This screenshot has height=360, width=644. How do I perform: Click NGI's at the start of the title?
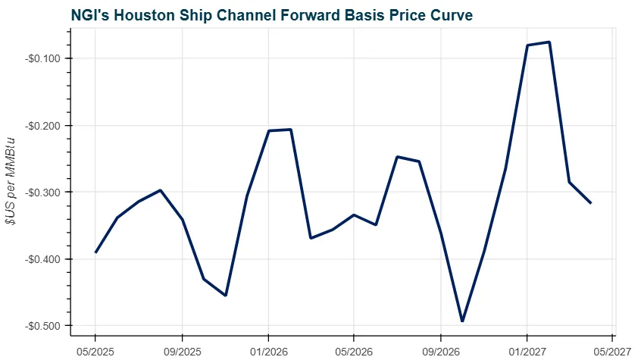coord(90,14)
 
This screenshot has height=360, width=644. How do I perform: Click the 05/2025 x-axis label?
coord(95,350)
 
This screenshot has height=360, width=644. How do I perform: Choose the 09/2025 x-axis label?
coord(182,350)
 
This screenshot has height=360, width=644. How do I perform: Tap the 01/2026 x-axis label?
coord(268,350)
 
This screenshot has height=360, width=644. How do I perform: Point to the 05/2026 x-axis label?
coord(354,350)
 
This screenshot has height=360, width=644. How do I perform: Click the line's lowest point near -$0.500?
coord(462,321)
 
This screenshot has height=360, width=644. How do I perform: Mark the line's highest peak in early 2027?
coord(549,42)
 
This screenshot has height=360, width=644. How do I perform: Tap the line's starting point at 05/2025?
coord(95,252)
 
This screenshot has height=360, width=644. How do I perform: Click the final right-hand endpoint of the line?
coord(591,203)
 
